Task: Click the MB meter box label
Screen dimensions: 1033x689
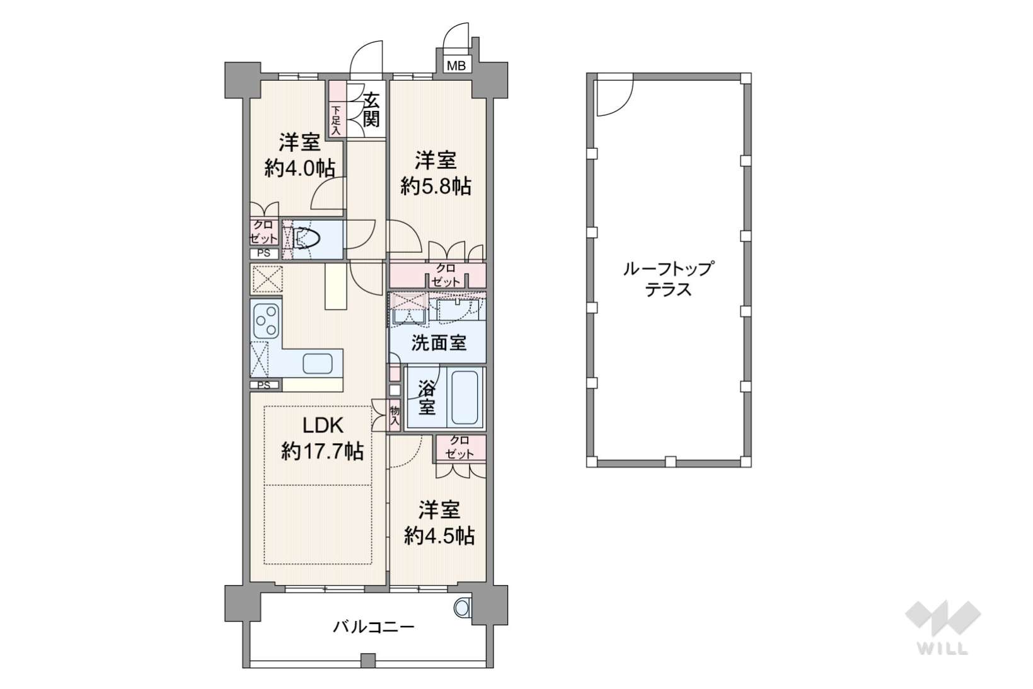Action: pos(456,66)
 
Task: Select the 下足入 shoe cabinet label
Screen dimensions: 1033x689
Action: pos(336,121)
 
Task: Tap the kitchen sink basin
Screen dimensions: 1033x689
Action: pos(317,363)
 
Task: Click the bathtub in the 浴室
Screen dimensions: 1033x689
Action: pos(465,397)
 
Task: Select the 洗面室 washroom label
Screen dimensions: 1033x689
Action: pos(439,343)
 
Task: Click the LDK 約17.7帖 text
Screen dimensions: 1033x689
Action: pos(322,438)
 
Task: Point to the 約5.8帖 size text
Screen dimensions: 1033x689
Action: pos(436,187)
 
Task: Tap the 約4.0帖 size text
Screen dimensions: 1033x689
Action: pos(300,169)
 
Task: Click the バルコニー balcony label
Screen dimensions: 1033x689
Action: pos(374,627)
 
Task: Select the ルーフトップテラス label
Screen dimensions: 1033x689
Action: pos(668,279)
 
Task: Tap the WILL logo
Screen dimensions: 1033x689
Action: pos(943,627)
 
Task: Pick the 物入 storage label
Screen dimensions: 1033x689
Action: pos(395,415)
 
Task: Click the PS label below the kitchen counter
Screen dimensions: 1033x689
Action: pos(264,386)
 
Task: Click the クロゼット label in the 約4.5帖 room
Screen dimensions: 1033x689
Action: pos(459,448)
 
